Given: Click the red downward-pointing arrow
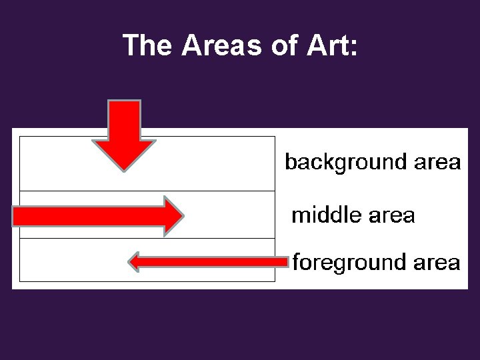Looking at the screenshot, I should (124, 133).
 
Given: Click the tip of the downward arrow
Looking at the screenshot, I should (124, 171).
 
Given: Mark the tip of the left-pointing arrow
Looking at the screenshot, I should (129, 262).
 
